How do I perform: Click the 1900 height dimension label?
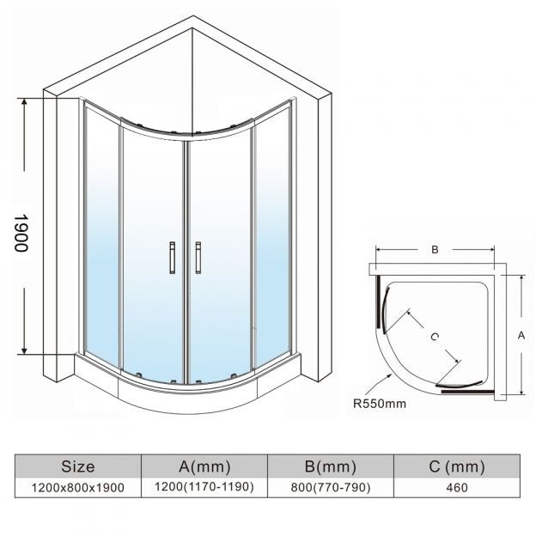click(21, 233)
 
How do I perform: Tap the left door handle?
click(173, 258)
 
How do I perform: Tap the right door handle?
click(198, 258)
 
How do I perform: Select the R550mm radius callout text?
click(380, 404)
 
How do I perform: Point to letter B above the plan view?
click(435, 250)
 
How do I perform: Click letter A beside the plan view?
click(521, 335)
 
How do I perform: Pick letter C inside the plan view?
click(434, 337)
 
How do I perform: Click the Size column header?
click(78, 466)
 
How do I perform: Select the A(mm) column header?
click(204, 466)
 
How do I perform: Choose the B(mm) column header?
click(331, 466)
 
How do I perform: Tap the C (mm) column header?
click(457, 466)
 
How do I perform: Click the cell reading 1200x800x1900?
click(78, 487)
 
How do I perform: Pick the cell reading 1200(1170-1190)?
click(204, 487)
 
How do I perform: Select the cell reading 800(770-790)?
click(331, 487)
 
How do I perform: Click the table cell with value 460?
click(457, 487)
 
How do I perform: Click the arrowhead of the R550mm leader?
click(391, 375)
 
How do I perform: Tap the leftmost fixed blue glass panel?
click(102, 236)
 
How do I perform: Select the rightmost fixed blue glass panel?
click(272, 236)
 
